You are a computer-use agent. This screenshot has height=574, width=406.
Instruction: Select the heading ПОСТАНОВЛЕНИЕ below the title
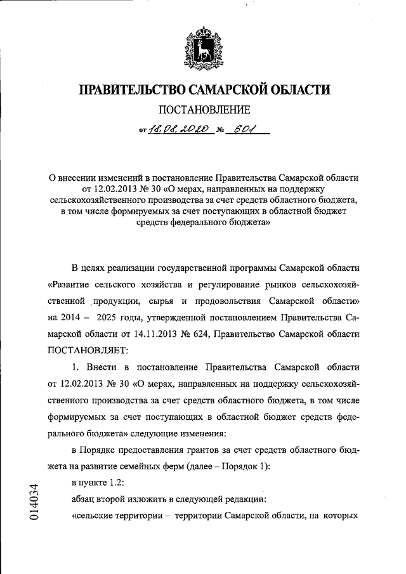[x=204, y=110]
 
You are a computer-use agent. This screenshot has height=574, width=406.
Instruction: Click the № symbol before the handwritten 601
[x=221, y=132]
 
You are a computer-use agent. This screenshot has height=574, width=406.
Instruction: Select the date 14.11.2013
[x=171, y=333]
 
